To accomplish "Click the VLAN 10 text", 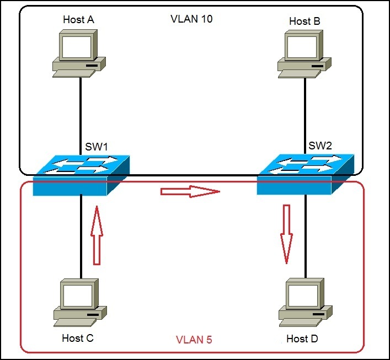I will [192, 19].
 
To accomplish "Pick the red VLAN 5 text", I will [194, 340].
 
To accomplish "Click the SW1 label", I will [97, 148].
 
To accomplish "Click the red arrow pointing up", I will [97, 235].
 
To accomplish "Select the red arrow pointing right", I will [189, 192].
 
